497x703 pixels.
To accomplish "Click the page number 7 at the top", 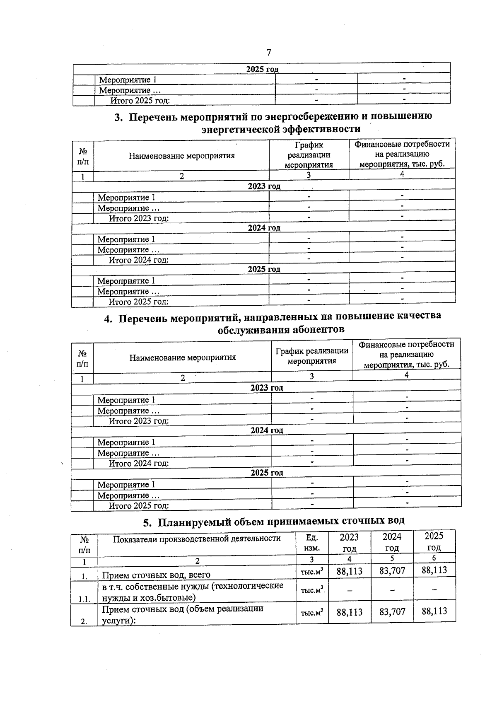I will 269,53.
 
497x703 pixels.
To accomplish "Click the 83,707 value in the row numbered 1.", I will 392,571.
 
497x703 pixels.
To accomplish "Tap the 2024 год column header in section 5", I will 392,542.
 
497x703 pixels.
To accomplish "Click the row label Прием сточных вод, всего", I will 156,575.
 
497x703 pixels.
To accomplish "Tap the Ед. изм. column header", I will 312,543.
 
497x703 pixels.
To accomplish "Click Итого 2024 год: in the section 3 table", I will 138,260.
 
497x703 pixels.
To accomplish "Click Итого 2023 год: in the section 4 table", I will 139,421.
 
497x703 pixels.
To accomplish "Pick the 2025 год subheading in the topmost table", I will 262,69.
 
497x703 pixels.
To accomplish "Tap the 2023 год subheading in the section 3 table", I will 264,186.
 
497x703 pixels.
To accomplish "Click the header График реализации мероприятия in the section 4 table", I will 312,356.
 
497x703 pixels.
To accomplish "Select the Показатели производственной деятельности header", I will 197,539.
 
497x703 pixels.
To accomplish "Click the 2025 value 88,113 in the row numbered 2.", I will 434,611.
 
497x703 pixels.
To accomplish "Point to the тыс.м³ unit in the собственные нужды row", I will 312,590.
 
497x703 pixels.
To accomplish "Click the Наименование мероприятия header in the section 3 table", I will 181,156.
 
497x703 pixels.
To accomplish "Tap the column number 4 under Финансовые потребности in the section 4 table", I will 407,375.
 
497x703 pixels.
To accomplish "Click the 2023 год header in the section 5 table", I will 349,542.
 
